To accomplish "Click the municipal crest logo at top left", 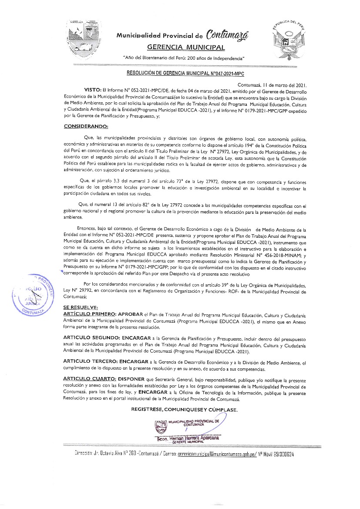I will (x=86, y=38).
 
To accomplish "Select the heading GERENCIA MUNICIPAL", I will (x=186, y=47).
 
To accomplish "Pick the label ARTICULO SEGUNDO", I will (x=91, y=338).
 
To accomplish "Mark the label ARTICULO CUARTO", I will (x=89, y=379).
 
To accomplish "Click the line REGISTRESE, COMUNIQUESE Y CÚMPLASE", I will (x=184, y=410).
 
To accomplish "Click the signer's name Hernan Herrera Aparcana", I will (x=191, y=438).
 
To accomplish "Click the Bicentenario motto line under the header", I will (x=184, y=58).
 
